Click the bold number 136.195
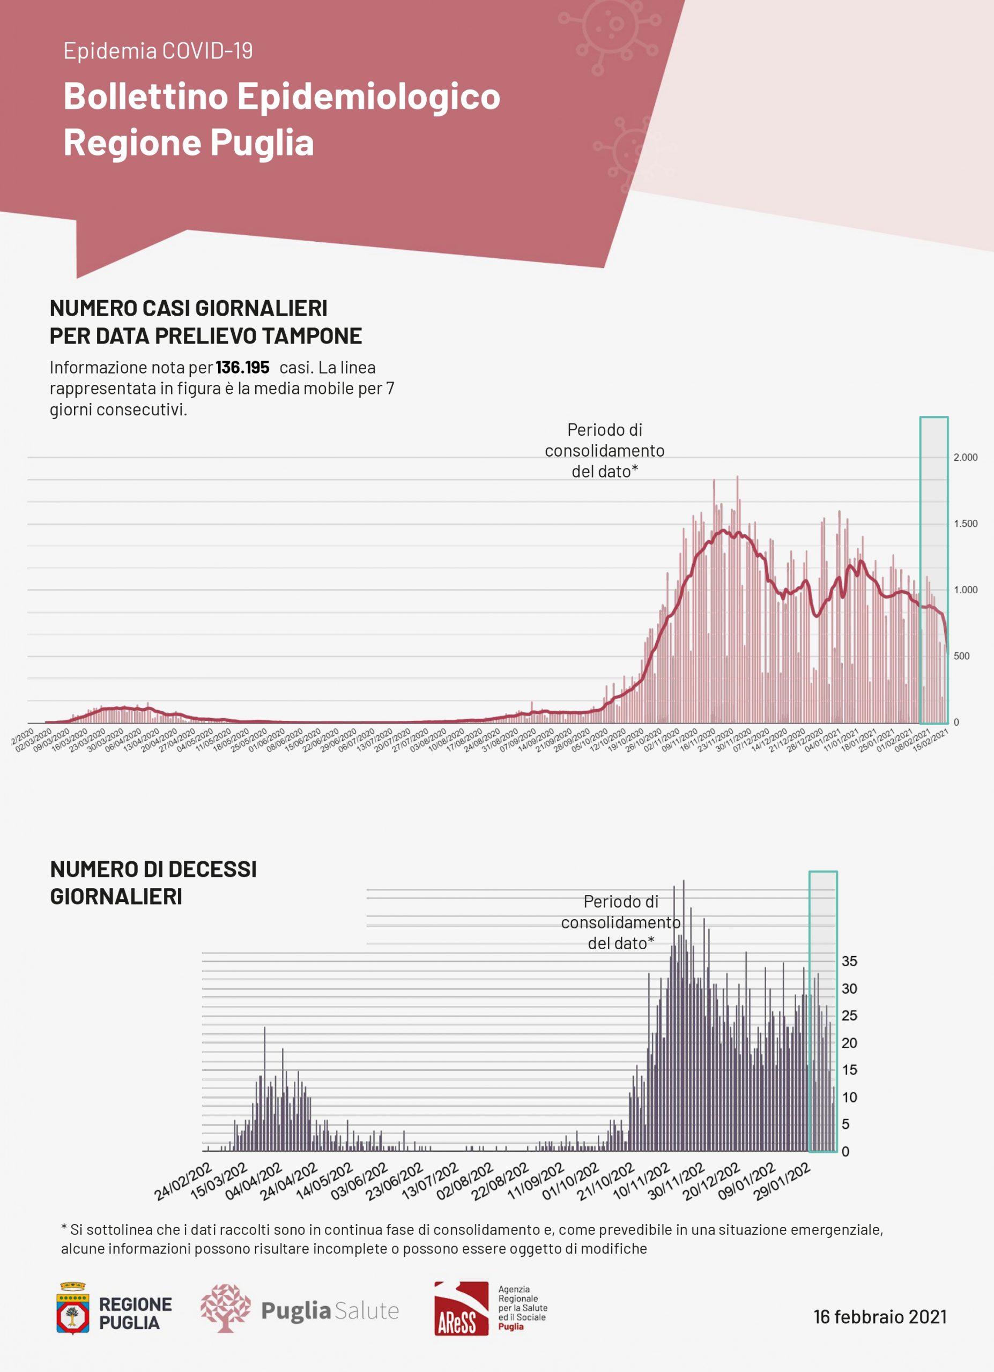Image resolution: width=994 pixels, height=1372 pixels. (242, 368)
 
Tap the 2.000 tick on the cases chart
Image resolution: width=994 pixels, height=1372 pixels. (965, 457)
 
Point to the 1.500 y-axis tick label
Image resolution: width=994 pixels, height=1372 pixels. (965, 524)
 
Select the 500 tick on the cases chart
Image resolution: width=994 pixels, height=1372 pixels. (961, 657)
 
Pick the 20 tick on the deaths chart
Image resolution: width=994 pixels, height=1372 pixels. (849, 1043)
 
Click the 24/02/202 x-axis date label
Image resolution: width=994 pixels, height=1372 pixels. (183, 1181)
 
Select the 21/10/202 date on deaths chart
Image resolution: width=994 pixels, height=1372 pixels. (605, 1181)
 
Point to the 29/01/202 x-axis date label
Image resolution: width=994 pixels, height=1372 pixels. (781, 1181)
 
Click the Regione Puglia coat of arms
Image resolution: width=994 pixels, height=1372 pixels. (72, 1308)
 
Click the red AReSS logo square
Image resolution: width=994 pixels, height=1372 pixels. (461, 1308)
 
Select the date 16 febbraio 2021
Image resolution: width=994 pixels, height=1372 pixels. (880, 1317)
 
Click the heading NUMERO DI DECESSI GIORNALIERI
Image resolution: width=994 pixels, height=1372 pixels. (153, 883)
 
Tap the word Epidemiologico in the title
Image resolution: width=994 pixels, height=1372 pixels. (368, 97)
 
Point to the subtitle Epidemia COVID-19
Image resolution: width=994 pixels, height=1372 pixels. (158, 51)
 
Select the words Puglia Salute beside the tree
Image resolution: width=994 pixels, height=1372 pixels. (330, 1311)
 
